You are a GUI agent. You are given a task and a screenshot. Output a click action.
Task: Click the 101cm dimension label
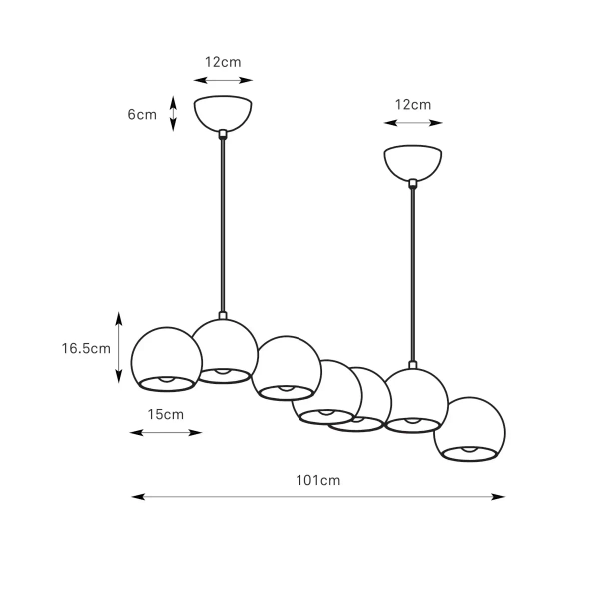317,480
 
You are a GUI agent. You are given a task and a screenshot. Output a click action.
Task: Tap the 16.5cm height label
86,348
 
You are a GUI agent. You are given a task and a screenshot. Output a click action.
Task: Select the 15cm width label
166,414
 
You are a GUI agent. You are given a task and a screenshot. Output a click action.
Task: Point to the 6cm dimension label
142,114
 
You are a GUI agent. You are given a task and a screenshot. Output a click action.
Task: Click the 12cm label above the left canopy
223,62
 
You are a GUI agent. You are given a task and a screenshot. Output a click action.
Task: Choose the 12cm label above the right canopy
413,104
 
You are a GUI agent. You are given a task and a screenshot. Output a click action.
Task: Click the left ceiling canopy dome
223,112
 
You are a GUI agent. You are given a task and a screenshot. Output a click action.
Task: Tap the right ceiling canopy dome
413,163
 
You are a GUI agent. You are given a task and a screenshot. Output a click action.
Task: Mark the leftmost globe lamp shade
166,359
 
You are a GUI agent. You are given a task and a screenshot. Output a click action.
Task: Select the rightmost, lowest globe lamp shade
469,429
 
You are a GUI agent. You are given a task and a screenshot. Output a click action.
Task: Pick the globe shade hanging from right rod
415,400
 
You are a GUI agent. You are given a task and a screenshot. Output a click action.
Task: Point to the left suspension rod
223,225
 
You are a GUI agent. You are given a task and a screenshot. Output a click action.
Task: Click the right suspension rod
413,275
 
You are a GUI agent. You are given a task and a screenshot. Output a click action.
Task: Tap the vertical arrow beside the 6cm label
173,113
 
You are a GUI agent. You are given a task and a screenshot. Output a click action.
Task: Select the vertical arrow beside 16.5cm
119,347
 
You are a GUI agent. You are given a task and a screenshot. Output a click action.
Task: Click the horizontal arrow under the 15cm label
166,433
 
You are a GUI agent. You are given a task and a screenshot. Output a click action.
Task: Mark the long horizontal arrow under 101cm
317,497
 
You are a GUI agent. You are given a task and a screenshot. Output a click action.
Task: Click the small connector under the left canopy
223,134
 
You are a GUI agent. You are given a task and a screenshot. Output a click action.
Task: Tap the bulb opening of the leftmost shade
166,384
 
